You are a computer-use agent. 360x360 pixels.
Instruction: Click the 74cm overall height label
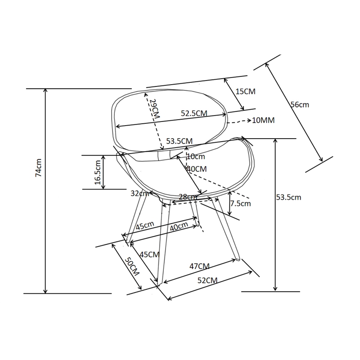point(39,168)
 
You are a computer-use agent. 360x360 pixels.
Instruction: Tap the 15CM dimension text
point(245,91)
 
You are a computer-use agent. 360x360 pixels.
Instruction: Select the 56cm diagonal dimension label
point(300,104)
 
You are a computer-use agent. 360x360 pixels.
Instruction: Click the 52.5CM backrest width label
point(194,114)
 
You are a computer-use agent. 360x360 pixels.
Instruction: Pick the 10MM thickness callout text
point(264,121)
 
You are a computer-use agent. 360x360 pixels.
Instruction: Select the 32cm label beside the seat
point(139,193)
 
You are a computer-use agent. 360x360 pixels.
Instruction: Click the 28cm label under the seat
point(188,197)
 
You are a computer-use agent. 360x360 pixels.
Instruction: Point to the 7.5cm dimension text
point(240,203)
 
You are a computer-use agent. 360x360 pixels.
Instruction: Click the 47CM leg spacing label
point(199,266)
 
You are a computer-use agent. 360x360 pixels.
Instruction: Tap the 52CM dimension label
point(208,280)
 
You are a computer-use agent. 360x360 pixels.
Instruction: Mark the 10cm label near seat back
point(196,157)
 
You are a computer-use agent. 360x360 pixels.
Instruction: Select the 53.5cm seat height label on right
point(288,197)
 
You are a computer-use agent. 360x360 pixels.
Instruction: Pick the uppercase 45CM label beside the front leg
point(150,254)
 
